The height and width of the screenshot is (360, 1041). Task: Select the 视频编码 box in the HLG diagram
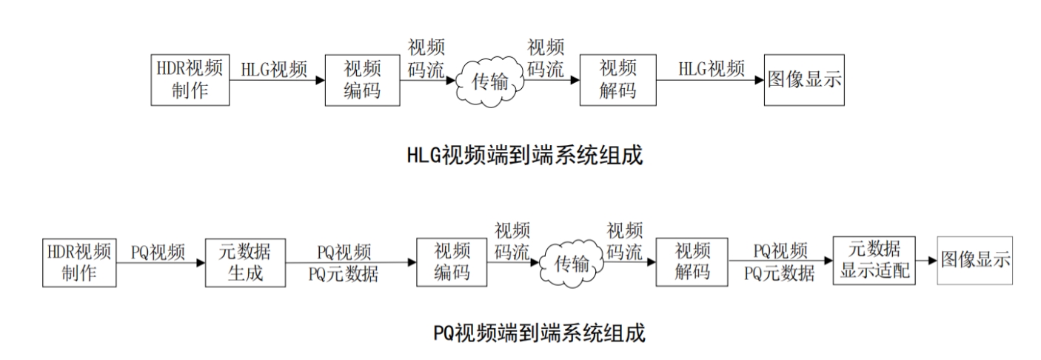(x=362, y=80)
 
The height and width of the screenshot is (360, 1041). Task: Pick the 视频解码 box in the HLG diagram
(x=617, y=80)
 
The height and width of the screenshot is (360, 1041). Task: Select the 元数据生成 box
(x=244, y=262)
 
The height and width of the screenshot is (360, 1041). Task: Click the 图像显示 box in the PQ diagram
(x=975, y=262)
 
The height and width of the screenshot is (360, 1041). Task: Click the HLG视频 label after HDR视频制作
(x=274, y=68)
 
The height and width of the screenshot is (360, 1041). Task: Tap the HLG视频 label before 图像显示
(x=712, y=68)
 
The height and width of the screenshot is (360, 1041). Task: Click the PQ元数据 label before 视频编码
(x=344, y=275)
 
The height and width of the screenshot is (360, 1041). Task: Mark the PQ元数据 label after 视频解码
(x=780, y=275)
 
